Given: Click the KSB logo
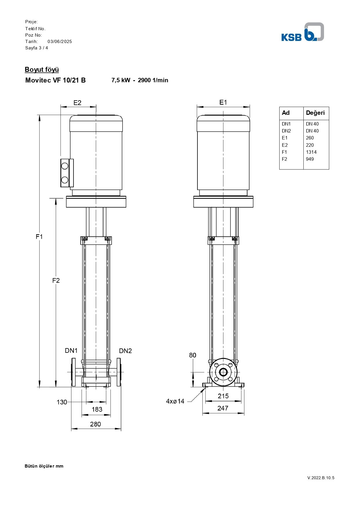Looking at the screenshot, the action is click(303, 32).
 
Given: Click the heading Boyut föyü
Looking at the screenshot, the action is click(42, 70).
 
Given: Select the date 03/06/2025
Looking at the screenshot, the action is click(60, 42).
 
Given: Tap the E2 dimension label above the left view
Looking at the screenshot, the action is click(78, 103).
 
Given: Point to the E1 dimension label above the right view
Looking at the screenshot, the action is click(223, 102).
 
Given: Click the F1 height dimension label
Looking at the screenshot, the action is click(39, 237).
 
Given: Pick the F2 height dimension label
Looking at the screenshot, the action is click(56, 280).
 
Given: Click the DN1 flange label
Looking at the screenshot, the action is click(71, 351).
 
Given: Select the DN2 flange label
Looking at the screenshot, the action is click(125, 351).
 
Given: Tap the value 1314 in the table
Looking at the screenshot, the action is click(311, 152).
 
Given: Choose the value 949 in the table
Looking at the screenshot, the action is click(310, 159).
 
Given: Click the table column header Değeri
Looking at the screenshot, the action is click(315, 113).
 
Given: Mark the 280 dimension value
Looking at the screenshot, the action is click(96, 424).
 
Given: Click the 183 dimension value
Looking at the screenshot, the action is click(97, 409).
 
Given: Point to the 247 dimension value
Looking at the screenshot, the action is click(223, 408).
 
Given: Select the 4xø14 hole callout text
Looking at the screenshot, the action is click(175, 401).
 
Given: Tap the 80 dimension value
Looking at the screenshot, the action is click(192, 355).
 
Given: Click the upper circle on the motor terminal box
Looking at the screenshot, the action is click(65, 166).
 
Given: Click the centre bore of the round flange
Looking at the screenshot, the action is click(223, 372).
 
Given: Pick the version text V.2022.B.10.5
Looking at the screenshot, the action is click(321, 478).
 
